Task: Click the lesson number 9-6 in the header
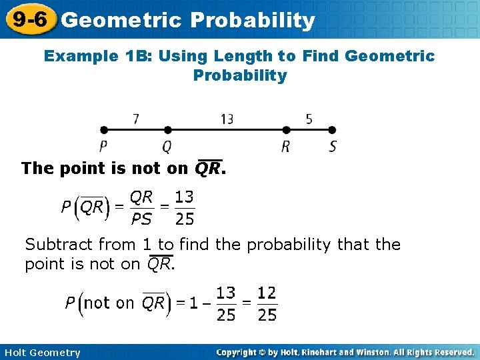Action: pyautogui.click(x=28, y=19)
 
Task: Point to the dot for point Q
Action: pyautogui.click(x=167, y=131)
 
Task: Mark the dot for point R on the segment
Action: pyautogui.click(x=286, y=131)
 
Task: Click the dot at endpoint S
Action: pyautogui.click(x=333, y=131)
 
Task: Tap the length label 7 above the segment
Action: pyautogui.click(x=136, y=119)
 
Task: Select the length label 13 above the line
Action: pyautogui.click(x=227, y=119)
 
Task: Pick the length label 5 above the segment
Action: pyautogui.click(x=309, y=119)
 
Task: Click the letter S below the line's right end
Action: pyautogui.click(x=333, y=147)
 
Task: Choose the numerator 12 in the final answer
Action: pyautogui.click(x=267, y=293)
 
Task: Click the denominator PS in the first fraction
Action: pyautogui.click(x=141, y=219)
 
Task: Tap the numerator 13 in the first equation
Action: pyautogui.click(x=184, y=197)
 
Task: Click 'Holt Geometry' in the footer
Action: pyautogui.click(x=41, y=353)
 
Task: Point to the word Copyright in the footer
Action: pyautogui.click(x=239, y=352)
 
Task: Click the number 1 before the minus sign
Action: pyautogui.click(x=193, y=303)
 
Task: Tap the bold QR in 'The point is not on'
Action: pyautogui.click(x=208, y=169)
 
